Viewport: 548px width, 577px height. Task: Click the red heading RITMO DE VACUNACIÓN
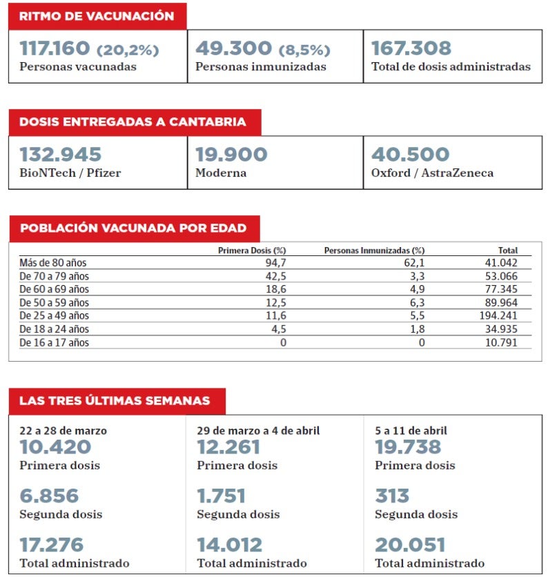coord(97,16)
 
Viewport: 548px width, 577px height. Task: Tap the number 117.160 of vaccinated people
coord(55,49)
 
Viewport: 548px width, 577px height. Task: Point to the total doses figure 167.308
coord(411,49)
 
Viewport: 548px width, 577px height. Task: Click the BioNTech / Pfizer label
coord(70,173)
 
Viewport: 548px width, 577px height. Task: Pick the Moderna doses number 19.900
coord(231,155)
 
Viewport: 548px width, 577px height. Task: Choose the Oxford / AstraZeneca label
coord(432,173)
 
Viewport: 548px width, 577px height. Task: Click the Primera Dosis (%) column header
coord(251,251)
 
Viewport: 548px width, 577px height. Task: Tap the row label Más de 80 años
coord(53,263)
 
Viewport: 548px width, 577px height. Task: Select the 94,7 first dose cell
coord(276,263)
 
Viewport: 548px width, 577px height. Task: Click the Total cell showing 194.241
coord(498,316)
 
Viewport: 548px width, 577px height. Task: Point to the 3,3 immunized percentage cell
coord(417,276)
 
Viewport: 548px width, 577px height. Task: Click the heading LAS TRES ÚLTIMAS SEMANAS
coord(115,401)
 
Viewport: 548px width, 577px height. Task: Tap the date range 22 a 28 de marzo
coord(63,431)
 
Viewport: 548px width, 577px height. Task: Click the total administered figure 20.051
coord(410,545)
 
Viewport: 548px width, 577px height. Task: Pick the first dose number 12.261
coord(228,447)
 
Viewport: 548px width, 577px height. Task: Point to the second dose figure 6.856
coord(49,496)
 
